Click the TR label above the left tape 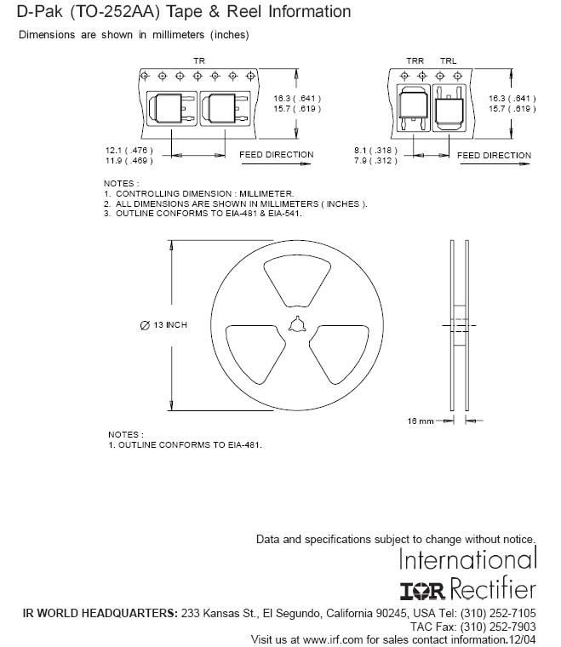click(199, 61)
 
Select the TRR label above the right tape click(415, 61)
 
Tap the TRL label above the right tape click(449, 61)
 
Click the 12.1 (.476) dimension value click(129, 150)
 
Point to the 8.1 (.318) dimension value click(375, 150)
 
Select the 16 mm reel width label click(421, 421)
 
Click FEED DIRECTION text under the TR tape click(277, 155)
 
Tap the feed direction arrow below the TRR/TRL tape click(495, 163)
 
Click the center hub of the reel click(297, 324)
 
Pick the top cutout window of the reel click(297, 282)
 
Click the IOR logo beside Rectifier click(423, 591)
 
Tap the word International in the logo click(467, 558)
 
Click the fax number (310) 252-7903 click(498, 627)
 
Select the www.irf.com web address click(333, 639)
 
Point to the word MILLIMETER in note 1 click(266, 193)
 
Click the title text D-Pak click(40, 12)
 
